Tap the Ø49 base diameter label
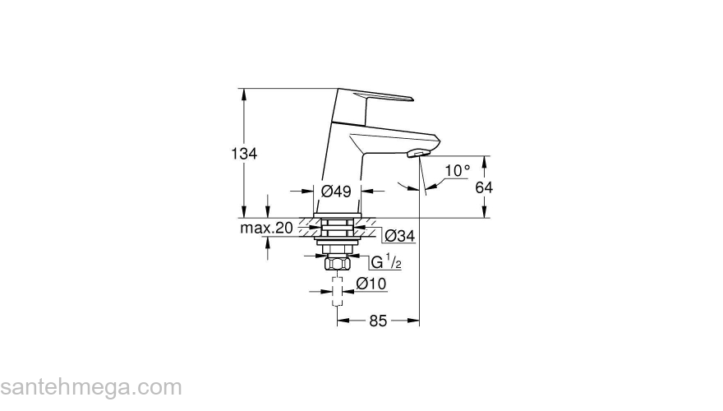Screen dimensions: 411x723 [x=337, y=191]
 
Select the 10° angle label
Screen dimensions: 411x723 [x=457, y=171]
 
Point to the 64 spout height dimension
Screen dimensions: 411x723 [x=485, y=187]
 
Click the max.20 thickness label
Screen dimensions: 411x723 [x=266, y=228]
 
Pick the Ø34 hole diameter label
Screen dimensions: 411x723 [x=399, y=236]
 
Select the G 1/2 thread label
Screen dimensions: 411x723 [x=385, y=262]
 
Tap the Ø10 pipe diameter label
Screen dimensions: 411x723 [x=371, y=284]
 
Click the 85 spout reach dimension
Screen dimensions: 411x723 [x=377, y=321]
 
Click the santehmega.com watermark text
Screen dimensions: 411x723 [x=90, y=387]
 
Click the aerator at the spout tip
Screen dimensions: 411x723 [x=419, y=154]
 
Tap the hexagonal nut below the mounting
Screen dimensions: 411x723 [x=337, y=264]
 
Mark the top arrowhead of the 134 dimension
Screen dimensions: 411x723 [x=244, y=93]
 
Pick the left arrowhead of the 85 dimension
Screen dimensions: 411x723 [x=342, y=321]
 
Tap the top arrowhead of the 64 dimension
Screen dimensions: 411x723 [x=485, y=160]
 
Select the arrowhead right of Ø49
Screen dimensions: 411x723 [x=366, y=191]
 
